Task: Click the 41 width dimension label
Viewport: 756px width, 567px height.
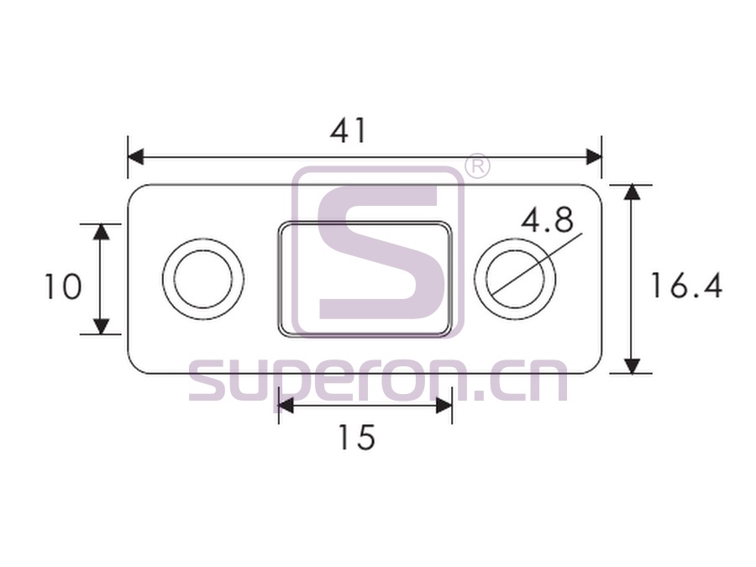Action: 348,131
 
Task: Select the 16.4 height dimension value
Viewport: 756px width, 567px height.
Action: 686,286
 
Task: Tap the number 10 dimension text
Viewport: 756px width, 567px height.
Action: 63,286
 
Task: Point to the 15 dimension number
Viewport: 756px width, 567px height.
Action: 357,438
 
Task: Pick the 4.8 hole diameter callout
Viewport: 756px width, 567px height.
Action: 547,219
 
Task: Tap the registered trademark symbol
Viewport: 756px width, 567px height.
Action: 477,166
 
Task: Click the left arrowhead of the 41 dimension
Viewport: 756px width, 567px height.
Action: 135,157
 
